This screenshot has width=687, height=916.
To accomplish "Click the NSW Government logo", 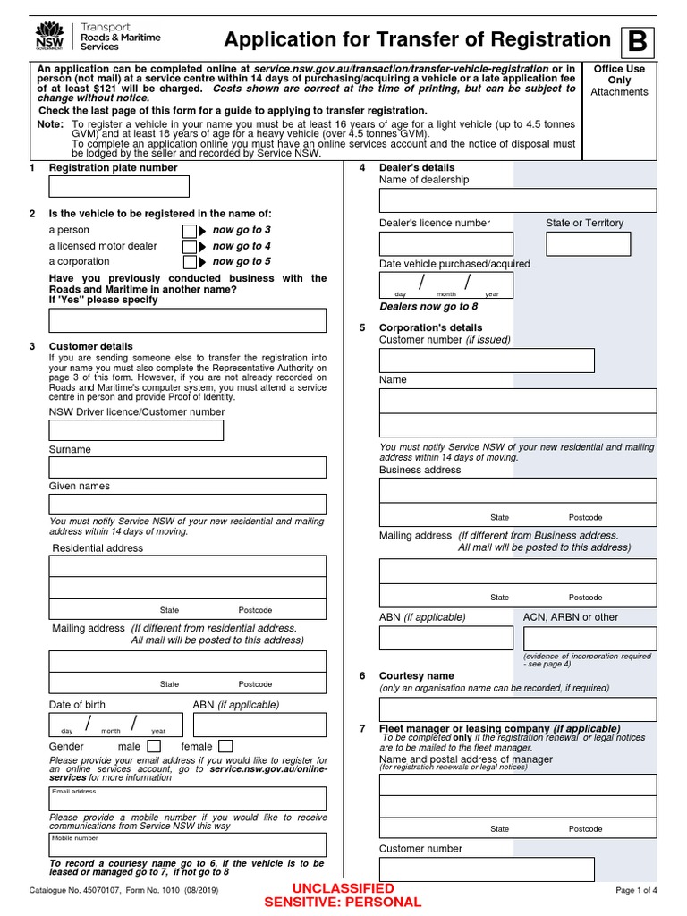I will pos(43,38).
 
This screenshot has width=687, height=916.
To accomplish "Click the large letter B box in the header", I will pos(637,41).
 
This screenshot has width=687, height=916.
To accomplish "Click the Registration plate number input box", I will pos(119,186).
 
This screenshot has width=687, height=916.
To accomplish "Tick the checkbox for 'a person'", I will pos(190,231).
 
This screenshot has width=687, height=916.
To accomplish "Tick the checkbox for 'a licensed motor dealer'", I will pos(190,247).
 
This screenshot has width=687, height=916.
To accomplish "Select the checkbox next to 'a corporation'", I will pos(190,262).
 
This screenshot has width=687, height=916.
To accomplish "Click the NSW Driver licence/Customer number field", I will pos(136,430).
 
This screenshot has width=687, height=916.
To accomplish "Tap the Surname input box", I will pos(188,467).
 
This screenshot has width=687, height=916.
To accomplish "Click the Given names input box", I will pos(188,504).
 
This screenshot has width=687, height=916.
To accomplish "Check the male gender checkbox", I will pos(154,746).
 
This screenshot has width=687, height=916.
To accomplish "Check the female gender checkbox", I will pos(225,746).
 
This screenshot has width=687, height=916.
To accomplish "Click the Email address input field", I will pos(188,799).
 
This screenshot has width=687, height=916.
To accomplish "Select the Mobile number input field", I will pos(188,845).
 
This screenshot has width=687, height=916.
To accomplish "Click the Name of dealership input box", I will pos(518,200).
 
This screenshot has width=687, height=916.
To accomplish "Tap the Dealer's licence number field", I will pos(446,243).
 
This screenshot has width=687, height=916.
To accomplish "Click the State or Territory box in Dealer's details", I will pos(588,243).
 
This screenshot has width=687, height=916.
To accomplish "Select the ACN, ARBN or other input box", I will pos(589,638).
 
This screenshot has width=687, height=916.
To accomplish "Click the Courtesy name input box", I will pos(518,709).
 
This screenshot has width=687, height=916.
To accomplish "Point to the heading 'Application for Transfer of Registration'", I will pos(417,39).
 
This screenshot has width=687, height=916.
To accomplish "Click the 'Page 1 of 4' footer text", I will pos(636,890).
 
